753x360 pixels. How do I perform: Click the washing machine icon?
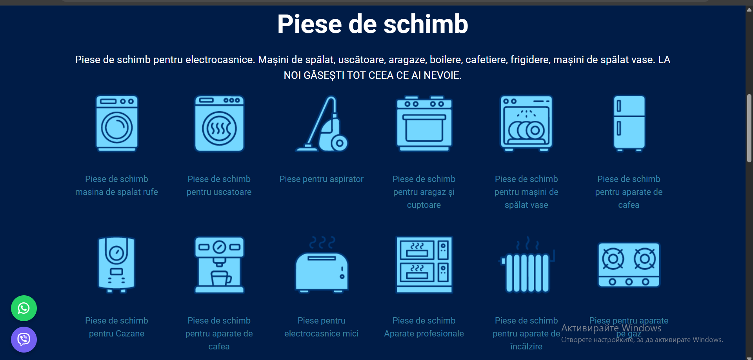pos(117,124)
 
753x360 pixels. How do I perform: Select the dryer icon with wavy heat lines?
pos(219,124)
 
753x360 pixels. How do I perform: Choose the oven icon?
pos(424,124)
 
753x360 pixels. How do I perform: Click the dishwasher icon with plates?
pos(526,124)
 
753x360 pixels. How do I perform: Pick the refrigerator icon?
pos(629,124)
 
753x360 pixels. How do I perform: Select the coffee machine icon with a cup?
pos(219,265)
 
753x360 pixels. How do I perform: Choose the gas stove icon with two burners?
pos(629,265)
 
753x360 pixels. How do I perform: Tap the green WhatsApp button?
pos(24,308)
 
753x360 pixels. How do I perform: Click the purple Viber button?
pos(24,339)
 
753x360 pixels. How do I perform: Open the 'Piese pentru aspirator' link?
pos(322,179)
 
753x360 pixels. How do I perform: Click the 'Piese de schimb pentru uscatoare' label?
pos(219,185)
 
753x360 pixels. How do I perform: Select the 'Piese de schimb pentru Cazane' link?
pos(116,327)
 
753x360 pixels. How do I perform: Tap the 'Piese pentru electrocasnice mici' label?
pos(322,327)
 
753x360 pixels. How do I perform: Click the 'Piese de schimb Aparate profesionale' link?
pos(424,327)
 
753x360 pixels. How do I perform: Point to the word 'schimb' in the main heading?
pos(426,24)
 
